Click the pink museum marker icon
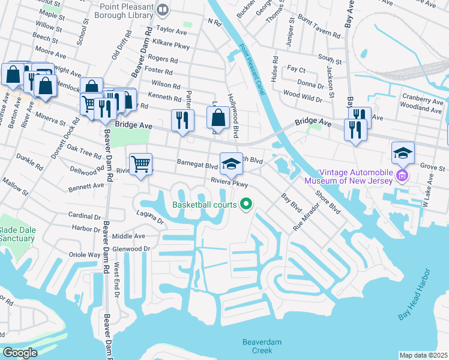(x=402, y=176)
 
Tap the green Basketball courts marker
(x=246, y=205)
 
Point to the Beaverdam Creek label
(x=262, y=346)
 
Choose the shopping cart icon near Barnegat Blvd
(x=140, y=163)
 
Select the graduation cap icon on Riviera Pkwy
(x=231, y=163)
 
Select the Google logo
(x=20, y=352)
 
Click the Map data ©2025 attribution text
(x=423, y=355)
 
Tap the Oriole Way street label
(x=86, y=254)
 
